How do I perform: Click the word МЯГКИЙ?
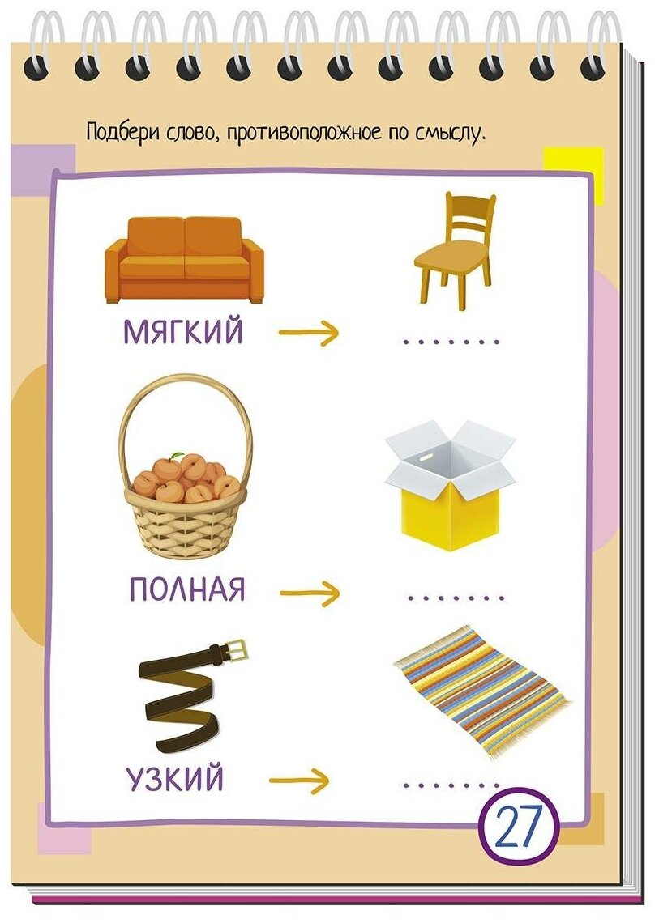pos(183,332)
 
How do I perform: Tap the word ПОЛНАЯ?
pos(186,589)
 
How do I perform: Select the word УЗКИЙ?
pos(174,781)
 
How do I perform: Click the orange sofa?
pos(185,260)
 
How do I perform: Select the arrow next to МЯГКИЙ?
pos(307,332)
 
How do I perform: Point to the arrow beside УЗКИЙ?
pos(300,781)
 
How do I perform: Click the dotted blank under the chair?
pos(451,342)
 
